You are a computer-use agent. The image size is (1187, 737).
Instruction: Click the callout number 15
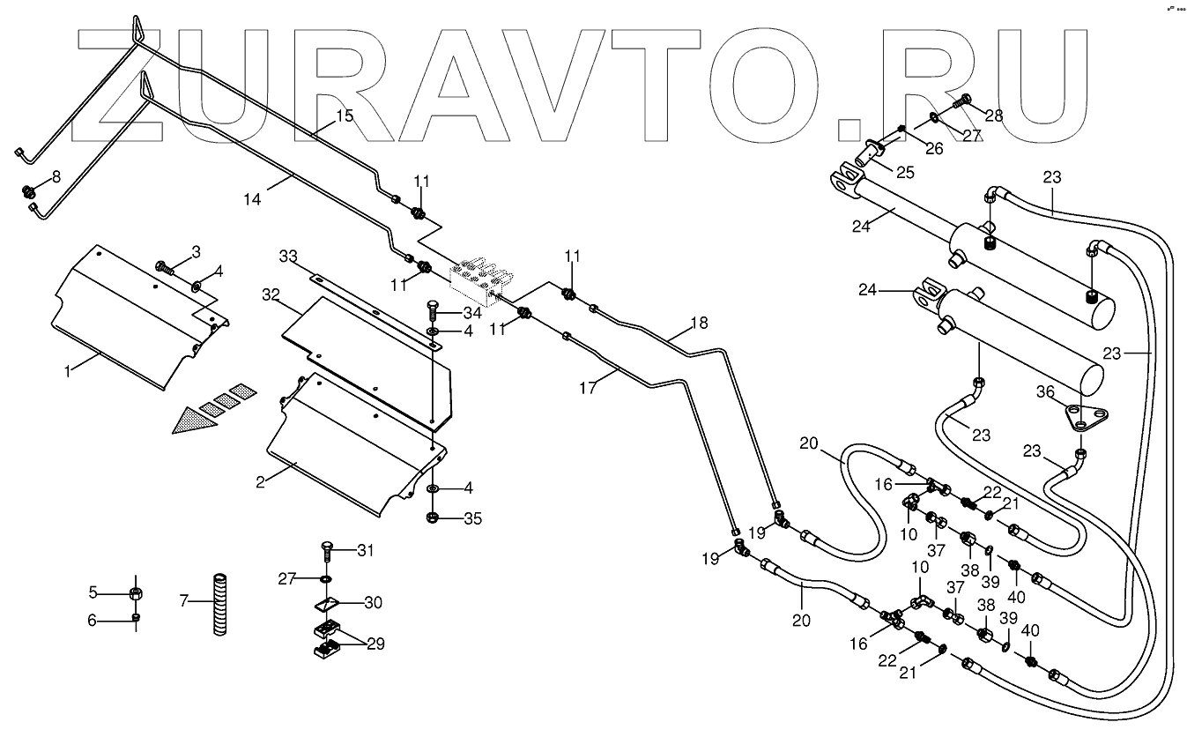coord(344,116)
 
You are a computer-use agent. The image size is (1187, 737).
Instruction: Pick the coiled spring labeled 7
coord(219,603)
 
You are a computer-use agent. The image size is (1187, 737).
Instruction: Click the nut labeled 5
coord(137,591)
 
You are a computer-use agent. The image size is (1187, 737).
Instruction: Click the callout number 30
coord(374,603)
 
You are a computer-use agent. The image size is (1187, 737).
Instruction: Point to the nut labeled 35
coord(434,517)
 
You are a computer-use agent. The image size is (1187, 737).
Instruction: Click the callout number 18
coord(698,323)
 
